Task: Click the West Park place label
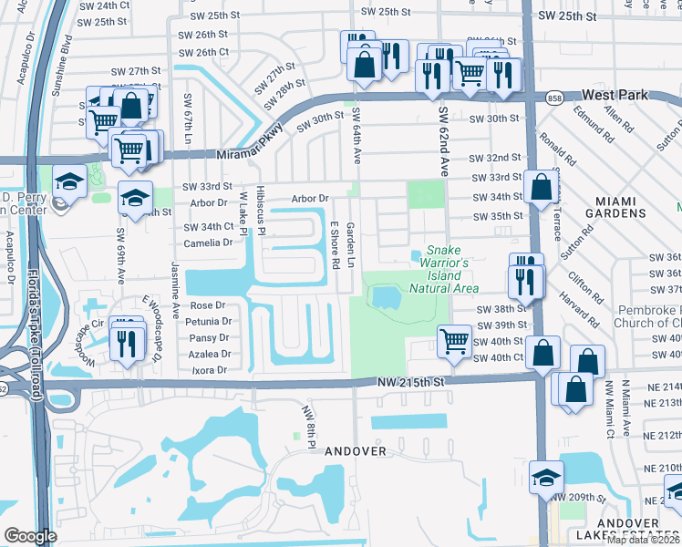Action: [618, 95]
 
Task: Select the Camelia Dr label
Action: [209, 243]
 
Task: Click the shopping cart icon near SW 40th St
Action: [454, 341]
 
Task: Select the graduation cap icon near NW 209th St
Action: [547, 475]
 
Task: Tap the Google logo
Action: [30, 535]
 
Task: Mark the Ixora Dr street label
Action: [209, 371]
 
